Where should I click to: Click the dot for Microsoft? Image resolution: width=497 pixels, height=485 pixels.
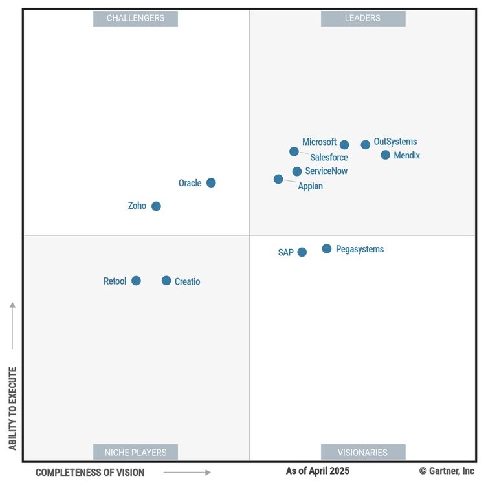click(x=344, y=145)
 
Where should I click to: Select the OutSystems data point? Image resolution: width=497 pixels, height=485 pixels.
click(x=366, y=145)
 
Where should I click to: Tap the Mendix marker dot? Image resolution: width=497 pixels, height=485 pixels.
click(x=386, y=155)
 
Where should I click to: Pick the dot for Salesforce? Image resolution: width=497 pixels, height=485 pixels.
click(x=294, y=151)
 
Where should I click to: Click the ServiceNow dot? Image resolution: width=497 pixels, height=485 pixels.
click(x=297, y=171)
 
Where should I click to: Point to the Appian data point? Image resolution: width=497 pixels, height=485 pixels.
click(x=278, y=179)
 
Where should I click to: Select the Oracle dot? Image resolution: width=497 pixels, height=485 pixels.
click(x=211, y=183)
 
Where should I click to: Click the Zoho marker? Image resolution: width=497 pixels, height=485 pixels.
click(x=156, y=206)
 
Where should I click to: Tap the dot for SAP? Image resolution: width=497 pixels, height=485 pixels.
click(x=302, y=252)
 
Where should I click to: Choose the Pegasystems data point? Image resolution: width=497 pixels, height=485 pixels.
click(x=327, y=249)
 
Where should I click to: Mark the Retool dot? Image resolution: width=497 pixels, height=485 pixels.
click(x=136, y=281)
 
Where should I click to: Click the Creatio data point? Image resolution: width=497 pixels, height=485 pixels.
click(x=166, y=281)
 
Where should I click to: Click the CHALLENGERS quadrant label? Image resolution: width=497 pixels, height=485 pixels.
click(x=135, y=18)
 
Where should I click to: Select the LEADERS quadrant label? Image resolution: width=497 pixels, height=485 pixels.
click(x=362, y=18)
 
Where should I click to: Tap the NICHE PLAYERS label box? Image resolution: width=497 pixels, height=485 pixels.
click(x=135, y=452)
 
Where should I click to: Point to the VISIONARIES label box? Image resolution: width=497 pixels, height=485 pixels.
click(x=362, y=452)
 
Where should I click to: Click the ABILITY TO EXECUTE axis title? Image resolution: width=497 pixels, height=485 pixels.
click(x=12, y=409)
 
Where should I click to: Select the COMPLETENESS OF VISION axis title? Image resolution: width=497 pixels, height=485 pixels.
click(x=90, y=473)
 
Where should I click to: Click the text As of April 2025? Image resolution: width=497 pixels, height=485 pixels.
click(x=317, y=471)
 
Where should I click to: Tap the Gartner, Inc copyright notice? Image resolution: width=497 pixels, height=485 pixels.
click(x=447, y=471)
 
